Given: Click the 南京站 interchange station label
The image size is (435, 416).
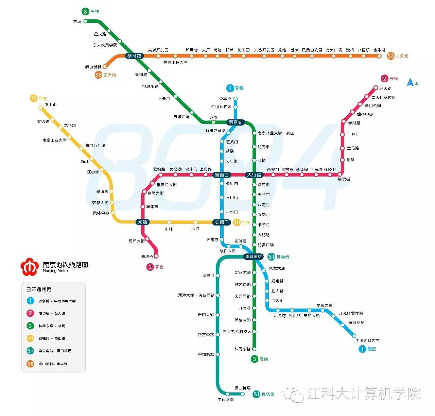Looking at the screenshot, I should pos(236,122).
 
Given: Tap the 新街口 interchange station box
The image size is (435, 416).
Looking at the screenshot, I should pos(222,175).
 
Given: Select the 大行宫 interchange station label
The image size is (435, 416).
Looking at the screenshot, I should pos(254,175).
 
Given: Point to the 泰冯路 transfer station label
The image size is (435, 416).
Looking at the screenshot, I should pos(134,56).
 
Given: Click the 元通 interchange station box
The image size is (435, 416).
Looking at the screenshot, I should pos(142,222).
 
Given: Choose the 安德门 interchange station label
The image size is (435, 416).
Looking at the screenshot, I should pos(222,222).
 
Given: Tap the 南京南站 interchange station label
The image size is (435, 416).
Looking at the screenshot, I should pos(254,256).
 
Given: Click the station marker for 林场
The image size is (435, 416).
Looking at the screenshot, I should pos(86,21).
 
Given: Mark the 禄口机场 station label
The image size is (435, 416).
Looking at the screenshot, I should pos(243,388).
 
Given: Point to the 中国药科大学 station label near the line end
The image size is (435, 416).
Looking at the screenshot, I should pos(367,340).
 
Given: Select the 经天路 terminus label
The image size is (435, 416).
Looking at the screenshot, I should pos(385,88).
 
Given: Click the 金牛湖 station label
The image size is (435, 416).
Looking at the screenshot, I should pos(379,50).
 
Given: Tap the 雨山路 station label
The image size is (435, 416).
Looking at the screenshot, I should pos(51,105).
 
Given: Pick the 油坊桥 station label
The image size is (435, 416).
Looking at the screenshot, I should pos(147,256).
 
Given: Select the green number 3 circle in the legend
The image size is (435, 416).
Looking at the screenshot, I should pos(30,326).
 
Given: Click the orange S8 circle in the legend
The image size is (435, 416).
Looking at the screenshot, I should pos(30,364).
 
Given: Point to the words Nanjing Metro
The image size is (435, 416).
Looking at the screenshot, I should pos(55,271).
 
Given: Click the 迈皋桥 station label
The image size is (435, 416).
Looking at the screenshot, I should pos(225,99).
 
